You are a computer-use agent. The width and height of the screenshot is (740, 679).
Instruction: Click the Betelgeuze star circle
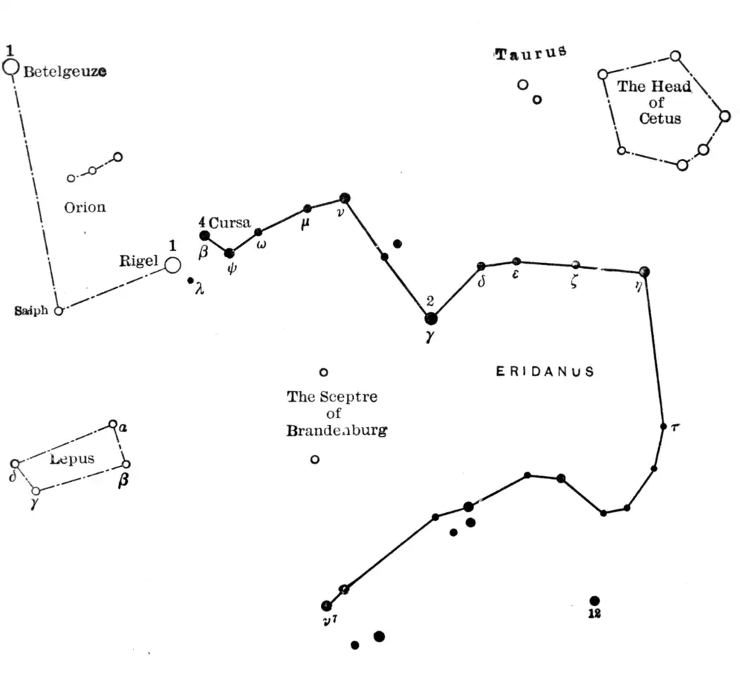[10, 67]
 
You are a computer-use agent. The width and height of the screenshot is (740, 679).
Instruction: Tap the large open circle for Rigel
[172, 265]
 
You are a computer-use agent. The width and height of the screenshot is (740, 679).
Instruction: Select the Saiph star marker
[59, 311]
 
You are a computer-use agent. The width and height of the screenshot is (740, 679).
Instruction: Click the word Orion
[85, 207]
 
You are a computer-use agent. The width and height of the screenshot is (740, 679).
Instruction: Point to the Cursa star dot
[205, 235]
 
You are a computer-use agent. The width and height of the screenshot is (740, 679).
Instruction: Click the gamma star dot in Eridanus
[431, 318]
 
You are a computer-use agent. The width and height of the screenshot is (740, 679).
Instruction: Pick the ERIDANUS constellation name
[545, 372]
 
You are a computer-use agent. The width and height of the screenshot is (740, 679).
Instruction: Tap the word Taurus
[530, 53]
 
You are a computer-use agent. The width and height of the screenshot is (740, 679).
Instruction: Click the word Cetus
[660, 118]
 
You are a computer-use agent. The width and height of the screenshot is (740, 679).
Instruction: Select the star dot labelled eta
[644, 272]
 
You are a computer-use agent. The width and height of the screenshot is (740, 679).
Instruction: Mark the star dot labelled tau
[663, 426]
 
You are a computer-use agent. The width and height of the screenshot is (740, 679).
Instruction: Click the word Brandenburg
[336, 431]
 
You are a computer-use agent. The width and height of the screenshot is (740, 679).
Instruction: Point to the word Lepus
[72, 459]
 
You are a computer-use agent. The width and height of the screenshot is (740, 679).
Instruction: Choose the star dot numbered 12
[594, 600]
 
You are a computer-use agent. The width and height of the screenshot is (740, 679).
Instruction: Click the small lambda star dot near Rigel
[191, 280]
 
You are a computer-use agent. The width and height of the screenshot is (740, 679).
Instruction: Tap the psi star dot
[229, 253]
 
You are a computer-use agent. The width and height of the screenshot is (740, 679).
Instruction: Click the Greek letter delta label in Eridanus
[481, 282]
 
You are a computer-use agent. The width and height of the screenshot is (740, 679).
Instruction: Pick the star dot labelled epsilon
[516, 261]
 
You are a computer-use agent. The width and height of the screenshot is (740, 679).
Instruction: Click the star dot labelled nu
[345, 197]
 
